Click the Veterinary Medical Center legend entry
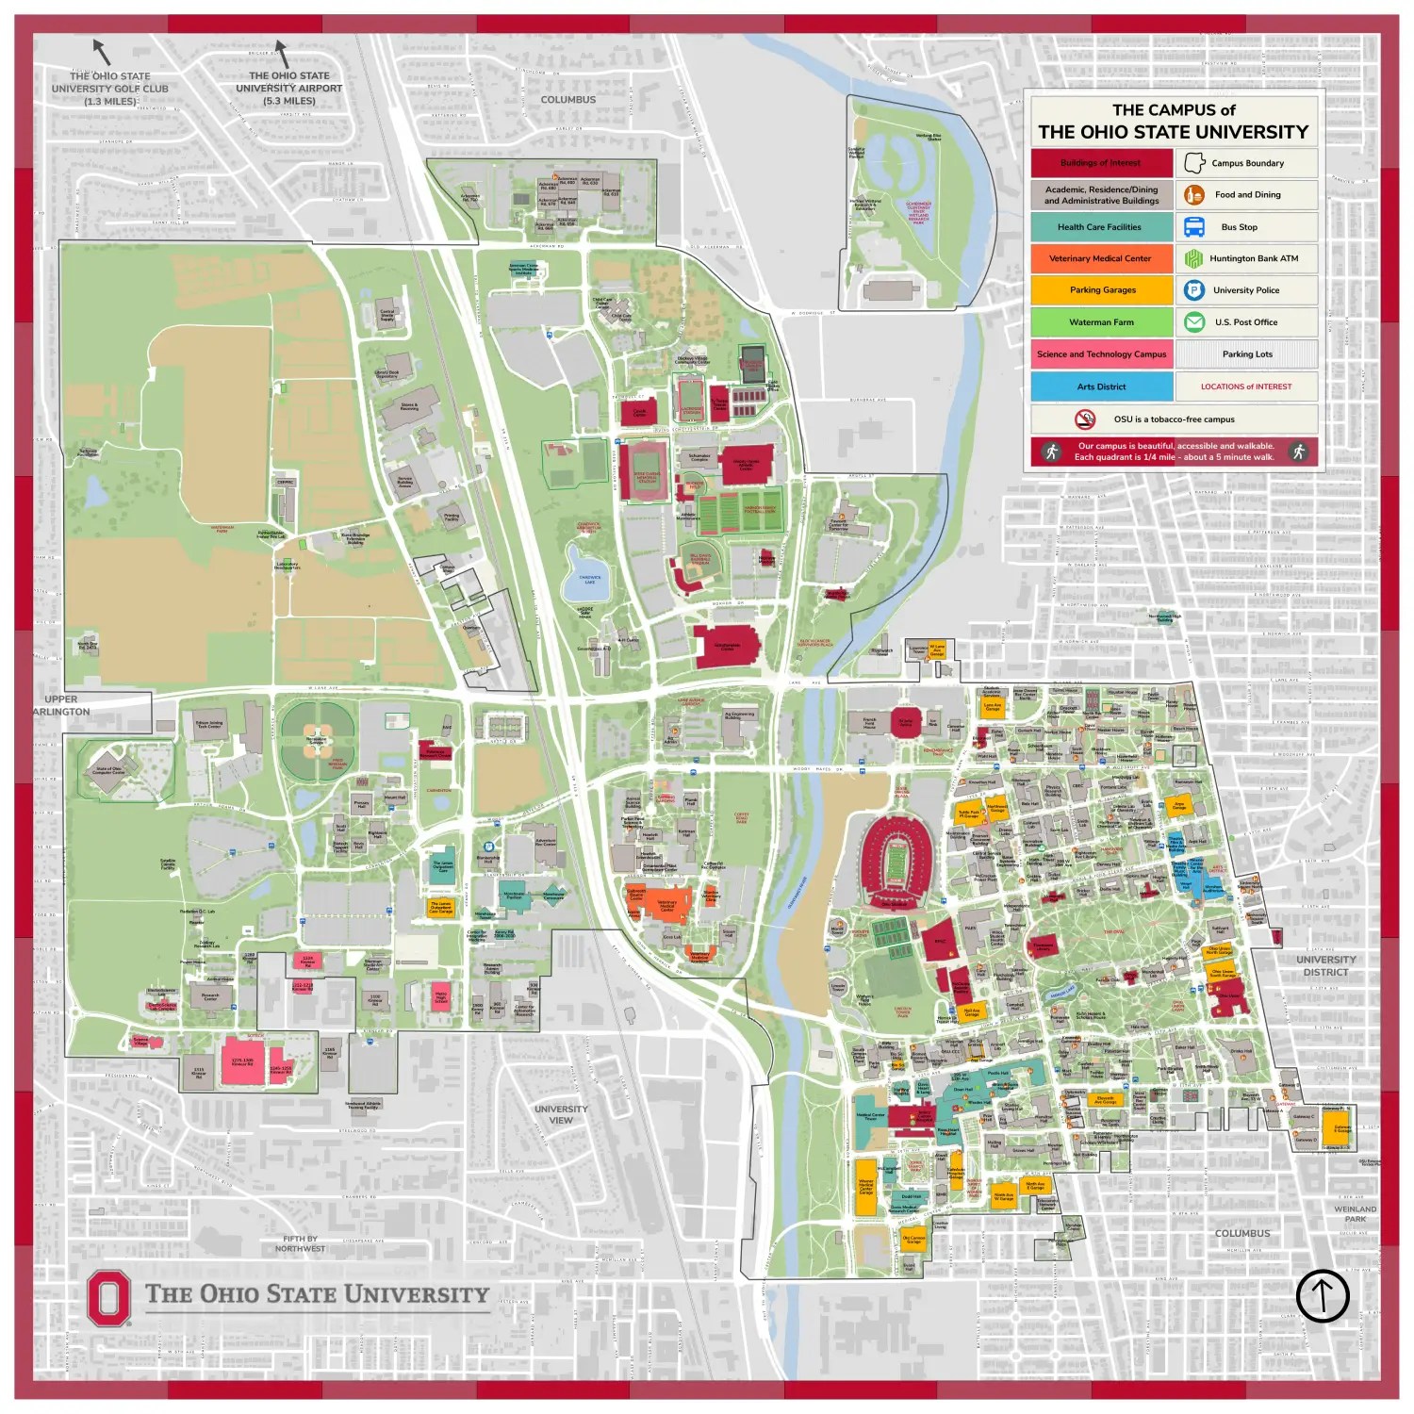(1101, 258)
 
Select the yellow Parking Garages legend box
(1101, 290)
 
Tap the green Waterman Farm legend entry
(1101, 322)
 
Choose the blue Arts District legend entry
(1101, 386)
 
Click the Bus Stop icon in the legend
(1194, 227)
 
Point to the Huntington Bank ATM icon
(1194, 258)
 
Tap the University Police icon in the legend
(1194, 290)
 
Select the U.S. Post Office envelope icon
(1194, 322)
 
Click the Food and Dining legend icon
(1194, 195)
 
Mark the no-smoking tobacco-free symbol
(1085, 419)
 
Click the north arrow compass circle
(1323, 1295)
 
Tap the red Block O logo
(108, 1298)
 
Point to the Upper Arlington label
(62, 706)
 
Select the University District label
(1325, 965)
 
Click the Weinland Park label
(1355, 1213)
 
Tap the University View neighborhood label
(561, 1114)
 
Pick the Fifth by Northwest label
(300, 1243)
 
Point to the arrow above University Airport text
(280, 54)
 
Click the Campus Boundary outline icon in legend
(1194, 163)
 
